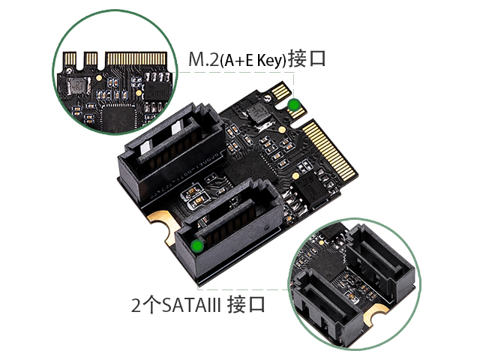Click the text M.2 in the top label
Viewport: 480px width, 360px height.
203,60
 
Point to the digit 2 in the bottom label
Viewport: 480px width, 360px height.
136,305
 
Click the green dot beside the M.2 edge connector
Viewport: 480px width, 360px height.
294,105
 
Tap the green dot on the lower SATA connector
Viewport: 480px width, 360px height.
197,246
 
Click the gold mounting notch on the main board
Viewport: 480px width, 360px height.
161,226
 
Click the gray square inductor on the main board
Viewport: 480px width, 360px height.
258,111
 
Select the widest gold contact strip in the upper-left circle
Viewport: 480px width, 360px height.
137,58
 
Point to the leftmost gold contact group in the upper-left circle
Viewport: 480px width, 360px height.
70,58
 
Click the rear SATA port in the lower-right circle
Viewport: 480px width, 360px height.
379,263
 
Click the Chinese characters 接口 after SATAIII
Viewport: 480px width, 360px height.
246,304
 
